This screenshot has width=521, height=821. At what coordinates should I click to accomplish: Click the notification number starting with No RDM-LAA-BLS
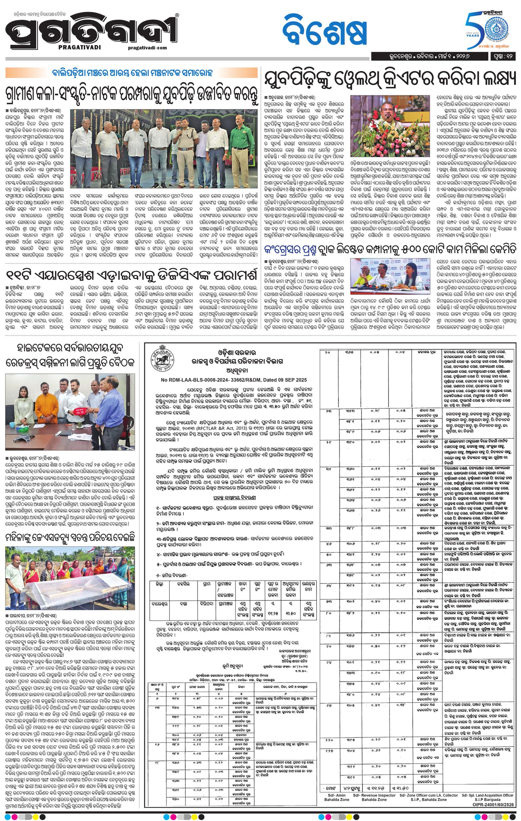pyautogui.click(x=234, y=380)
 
